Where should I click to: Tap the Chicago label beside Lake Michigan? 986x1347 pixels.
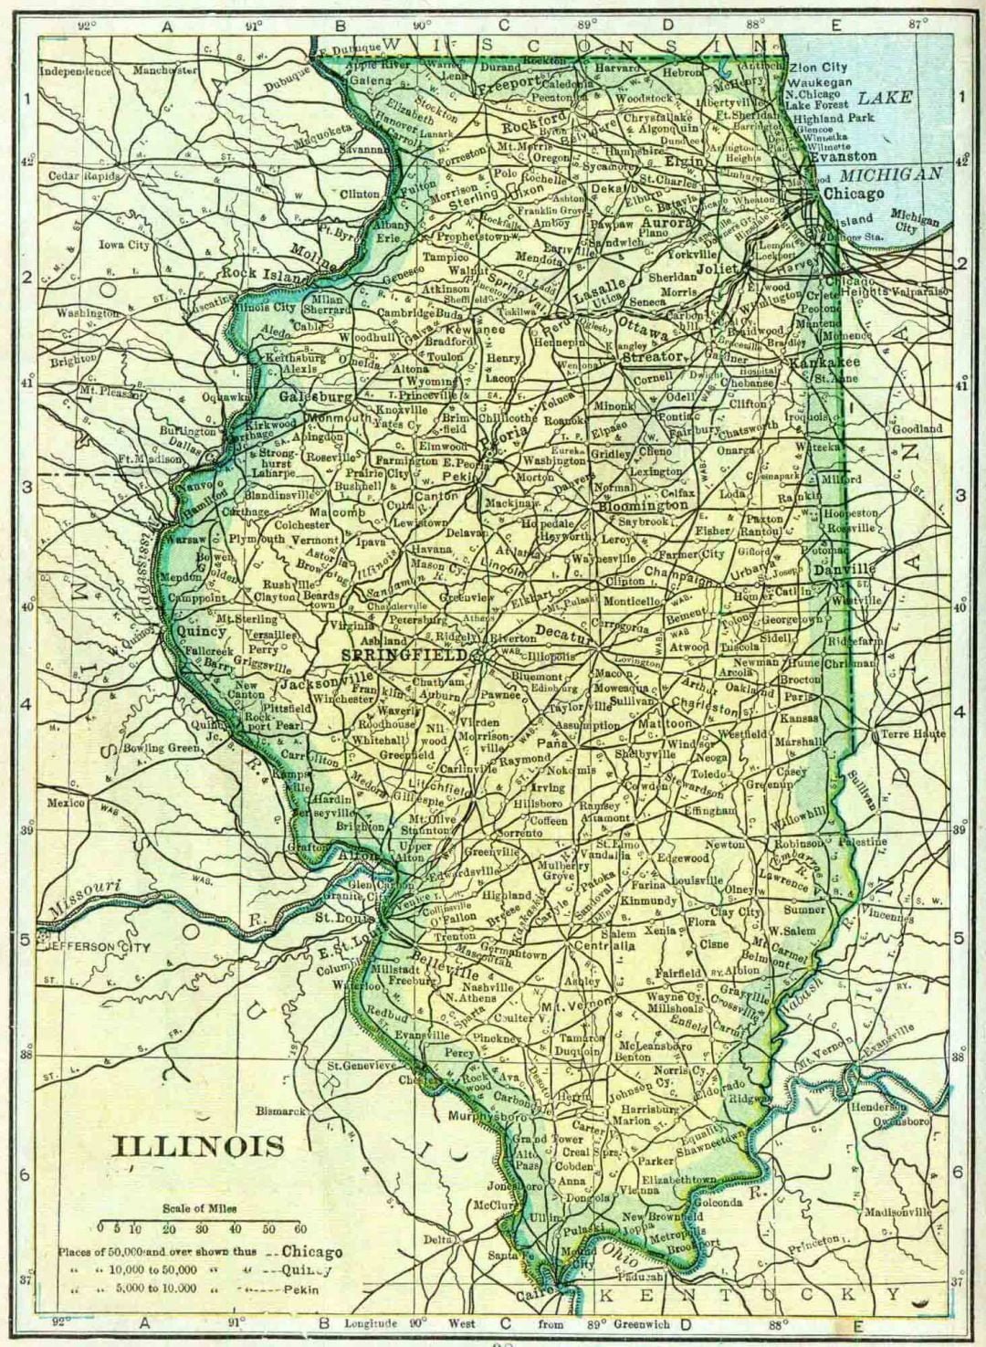pos(853,194)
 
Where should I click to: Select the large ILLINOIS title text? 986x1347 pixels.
pos(198,1146)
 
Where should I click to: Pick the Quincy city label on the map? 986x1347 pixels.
pos(202,630)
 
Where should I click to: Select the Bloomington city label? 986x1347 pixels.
pos(643,505)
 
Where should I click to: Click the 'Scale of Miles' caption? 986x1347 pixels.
pos(199,1208)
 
